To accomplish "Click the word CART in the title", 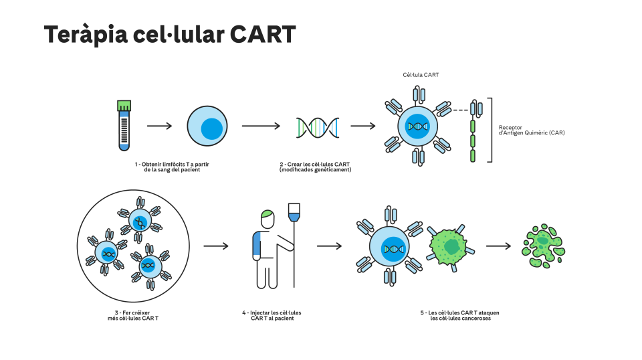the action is coord(262,34).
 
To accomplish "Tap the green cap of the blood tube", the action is coord(124,106).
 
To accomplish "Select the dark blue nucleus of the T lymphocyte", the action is coord(212,128).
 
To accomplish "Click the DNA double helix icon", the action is coord(317,127).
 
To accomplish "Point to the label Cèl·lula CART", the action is coord(421,75).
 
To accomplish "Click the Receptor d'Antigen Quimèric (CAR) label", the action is coord(532,130).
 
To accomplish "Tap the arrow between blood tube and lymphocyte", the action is coord(159,126).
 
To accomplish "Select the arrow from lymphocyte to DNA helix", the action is coord(261,126).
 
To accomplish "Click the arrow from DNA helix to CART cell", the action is coord(362,126).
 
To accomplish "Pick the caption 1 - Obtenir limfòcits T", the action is coord(172,167).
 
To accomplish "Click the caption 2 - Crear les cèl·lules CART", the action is coord(315,167).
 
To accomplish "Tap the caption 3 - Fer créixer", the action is coord(132,315).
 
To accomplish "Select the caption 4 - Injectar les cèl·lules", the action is coord(272,315).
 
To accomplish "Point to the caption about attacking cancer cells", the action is coord(460,315).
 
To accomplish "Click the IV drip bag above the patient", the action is coord(294,213).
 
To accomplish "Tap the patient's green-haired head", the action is coord(267,219).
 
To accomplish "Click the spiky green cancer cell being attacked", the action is coord(450,246).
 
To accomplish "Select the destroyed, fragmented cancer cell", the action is coord(543,246).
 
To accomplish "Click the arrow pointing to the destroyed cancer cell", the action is coord(498,246).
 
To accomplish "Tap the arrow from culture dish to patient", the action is coord(216,246).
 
